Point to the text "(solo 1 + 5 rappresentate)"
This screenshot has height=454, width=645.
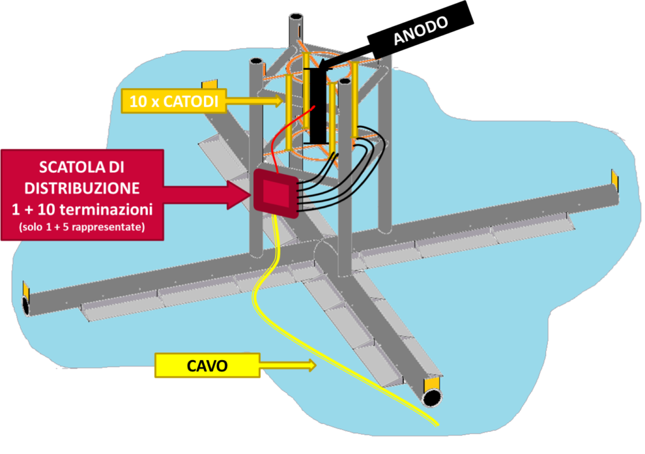[x=83, y=226]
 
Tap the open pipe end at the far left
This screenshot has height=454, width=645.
[x=26, y=306]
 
